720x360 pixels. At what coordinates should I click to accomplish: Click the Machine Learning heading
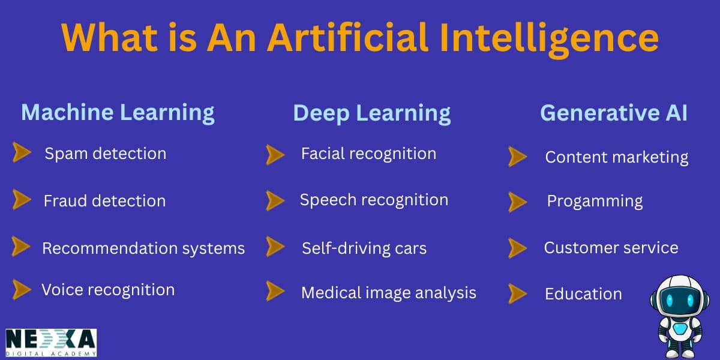[x=118, y=113]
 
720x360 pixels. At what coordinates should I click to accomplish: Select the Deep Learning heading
[x=371, y=113]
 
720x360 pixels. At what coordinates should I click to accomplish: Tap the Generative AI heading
[x=613, y=113]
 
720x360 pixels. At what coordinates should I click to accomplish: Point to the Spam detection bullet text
[x=105, y=154]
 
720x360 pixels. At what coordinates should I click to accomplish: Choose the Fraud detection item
[x=104, y=200]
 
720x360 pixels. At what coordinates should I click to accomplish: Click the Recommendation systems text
[x=143, y=248]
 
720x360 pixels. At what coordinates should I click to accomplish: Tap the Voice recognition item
[x=108, y=290]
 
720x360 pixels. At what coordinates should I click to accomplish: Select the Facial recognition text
[x=368, y=154]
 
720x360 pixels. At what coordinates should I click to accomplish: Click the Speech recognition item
[x=374, y=200]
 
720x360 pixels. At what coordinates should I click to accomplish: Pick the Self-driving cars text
[x=364, y=248]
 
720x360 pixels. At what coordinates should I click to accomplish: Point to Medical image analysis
[x=388, y=293]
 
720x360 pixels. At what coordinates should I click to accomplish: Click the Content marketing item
[x=616, y=157]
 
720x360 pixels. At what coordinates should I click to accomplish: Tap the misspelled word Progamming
[x=594, y=201]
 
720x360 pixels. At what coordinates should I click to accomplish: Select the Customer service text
[x=611, y=248]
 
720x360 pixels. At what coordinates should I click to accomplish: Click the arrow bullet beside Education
[x=517, y=293]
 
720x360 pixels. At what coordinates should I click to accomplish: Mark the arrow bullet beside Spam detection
[x=22, y=153]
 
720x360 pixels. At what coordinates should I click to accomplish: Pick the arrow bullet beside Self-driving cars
[x=275, y=247]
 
